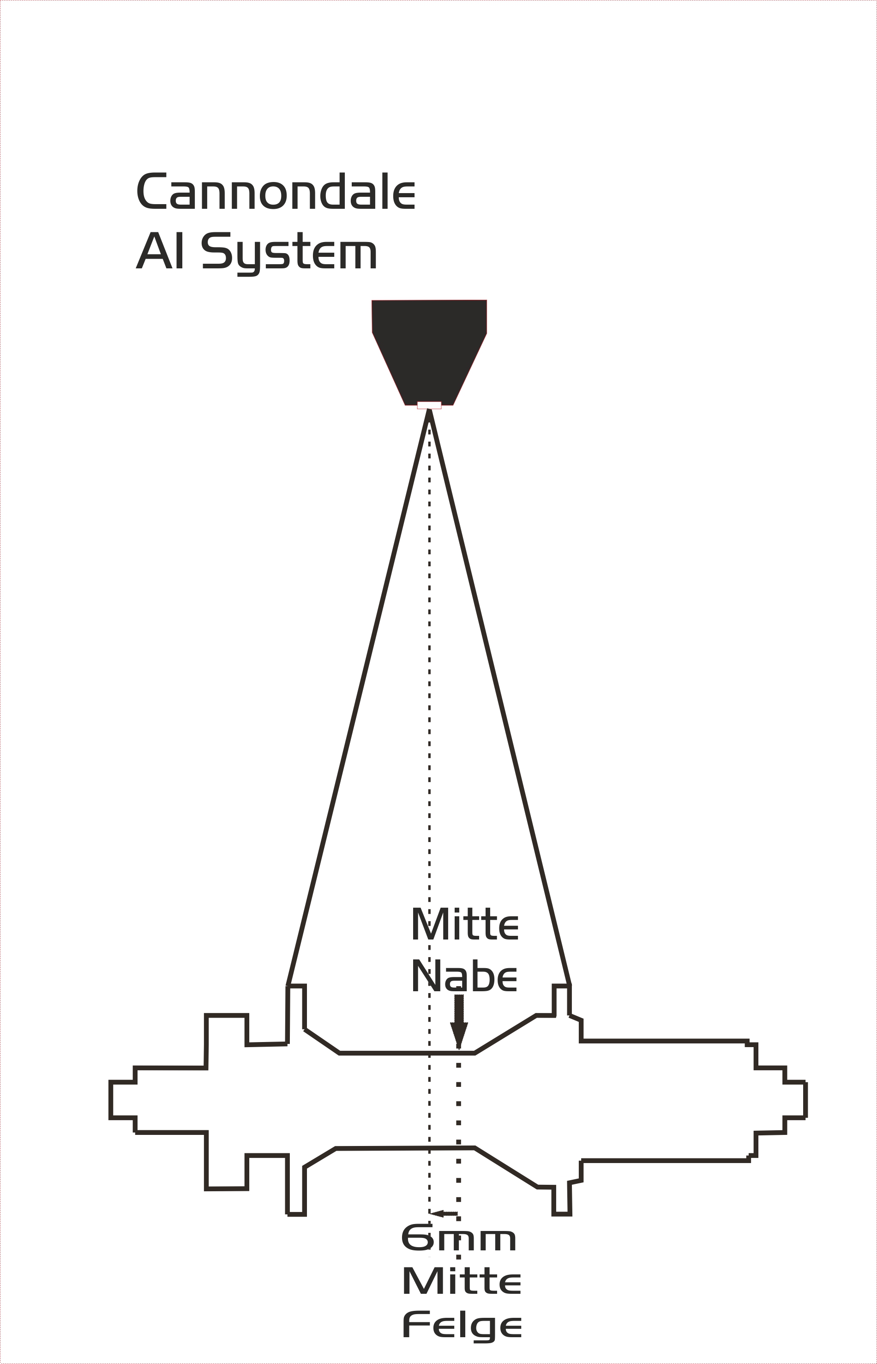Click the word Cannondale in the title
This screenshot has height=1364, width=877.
point(276,191)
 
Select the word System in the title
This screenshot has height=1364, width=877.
point(289,254)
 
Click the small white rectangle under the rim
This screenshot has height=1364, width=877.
point(429,405)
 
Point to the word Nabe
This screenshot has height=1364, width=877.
point(463,976)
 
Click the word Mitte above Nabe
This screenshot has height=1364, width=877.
point(465,925)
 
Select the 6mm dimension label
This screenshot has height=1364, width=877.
point(459,1239)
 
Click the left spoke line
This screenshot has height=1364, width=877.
point(358,696)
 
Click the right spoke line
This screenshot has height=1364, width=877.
point(499,696)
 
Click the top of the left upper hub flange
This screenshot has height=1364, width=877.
point(296,985)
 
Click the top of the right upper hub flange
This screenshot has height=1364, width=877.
point(561,985)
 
